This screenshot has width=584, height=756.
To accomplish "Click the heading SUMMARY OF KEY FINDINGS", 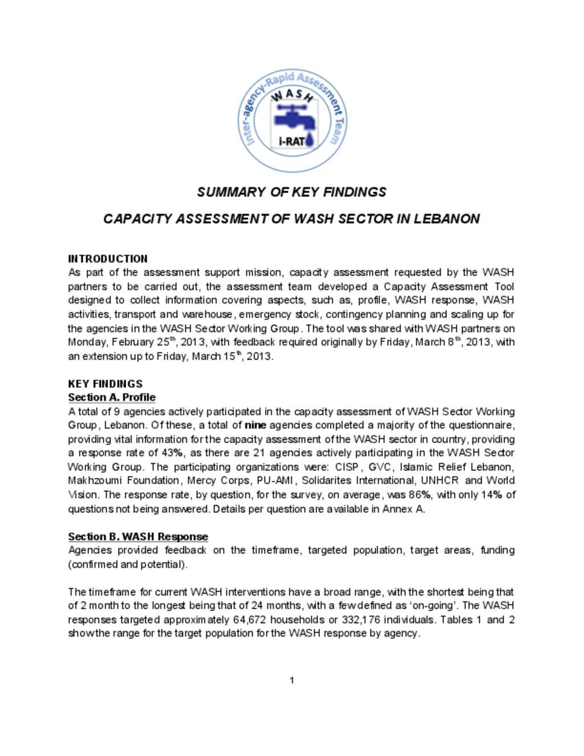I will click(291, 192).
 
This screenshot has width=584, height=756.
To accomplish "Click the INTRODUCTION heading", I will click(108, 258).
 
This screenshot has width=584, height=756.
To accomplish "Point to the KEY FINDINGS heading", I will click(105, 383).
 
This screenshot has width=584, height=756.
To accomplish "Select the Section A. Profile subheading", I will click(112, 397).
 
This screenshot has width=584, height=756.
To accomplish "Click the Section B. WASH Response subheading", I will click(138, 536).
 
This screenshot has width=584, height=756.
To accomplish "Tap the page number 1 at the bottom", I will click(292, 680).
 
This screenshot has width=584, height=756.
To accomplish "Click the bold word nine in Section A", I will click(255, 425).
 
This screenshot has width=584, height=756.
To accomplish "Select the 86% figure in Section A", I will click(420, 495).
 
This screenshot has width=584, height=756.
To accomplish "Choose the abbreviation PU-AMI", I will click(275, 480).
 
